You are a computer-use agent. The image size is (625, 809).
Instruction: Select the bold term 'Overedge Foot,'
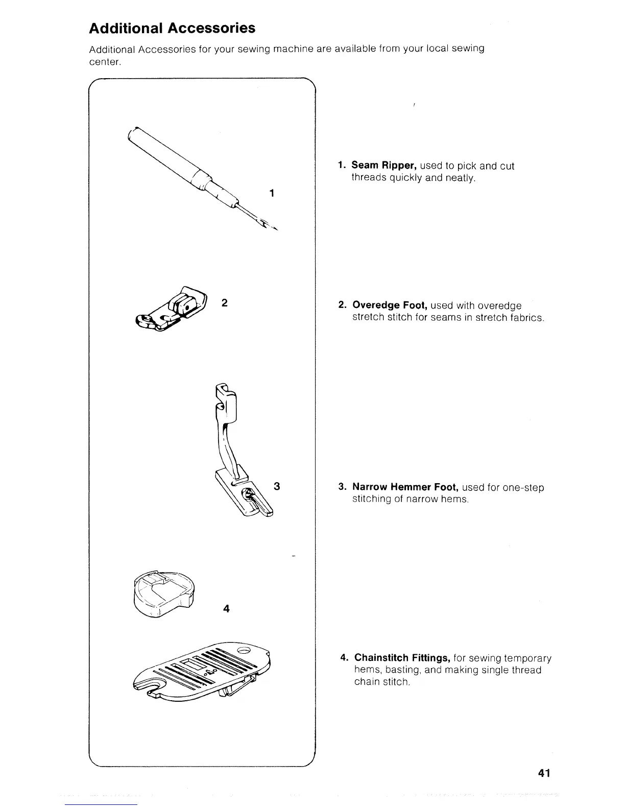point(390,305)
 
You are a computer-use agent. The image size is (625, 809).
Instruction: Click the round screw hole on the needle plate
point(243,651)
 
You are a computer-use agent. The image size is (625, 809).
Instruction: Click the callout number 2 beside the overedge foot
point(224,302)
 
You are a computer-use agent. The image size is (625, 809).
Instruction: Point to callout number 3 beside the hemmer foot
point(277,486)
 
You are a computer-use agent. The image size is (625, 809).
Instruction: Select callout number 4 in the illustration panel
point(226,608)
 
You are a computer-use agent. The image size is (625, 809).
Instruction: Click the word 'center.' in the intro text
point(105,62)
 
